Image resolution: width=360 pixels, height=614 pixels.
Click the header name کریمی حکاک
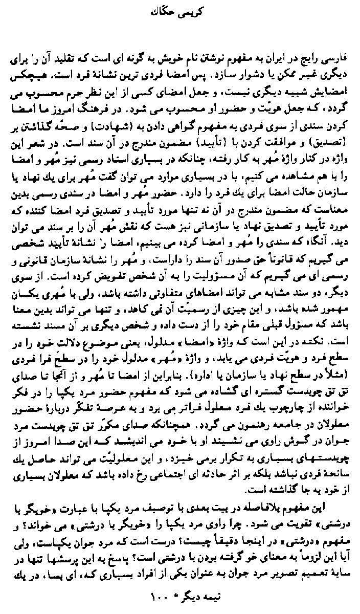coord(181,10)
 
